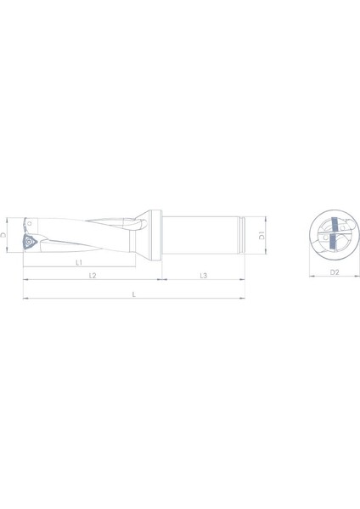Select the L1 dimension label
[78, 263]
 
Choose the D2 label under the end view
[333, 271]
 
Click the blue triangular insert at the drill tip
[27, 242]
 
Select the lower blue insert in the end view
[332, 246]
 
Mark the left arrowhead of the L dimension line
[25, 298]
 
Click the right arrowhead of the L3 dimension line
[243, 281]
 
